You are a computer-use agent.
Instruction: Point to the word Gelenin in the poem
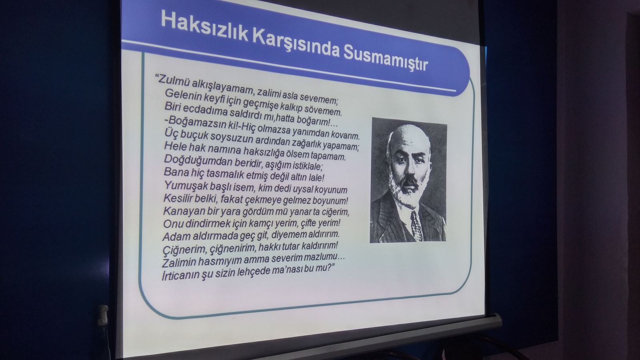pyautogui.click(x=183, y=94)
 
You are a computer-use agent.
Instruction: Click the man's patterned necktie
pyautogui.click(x=416, y=226)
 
